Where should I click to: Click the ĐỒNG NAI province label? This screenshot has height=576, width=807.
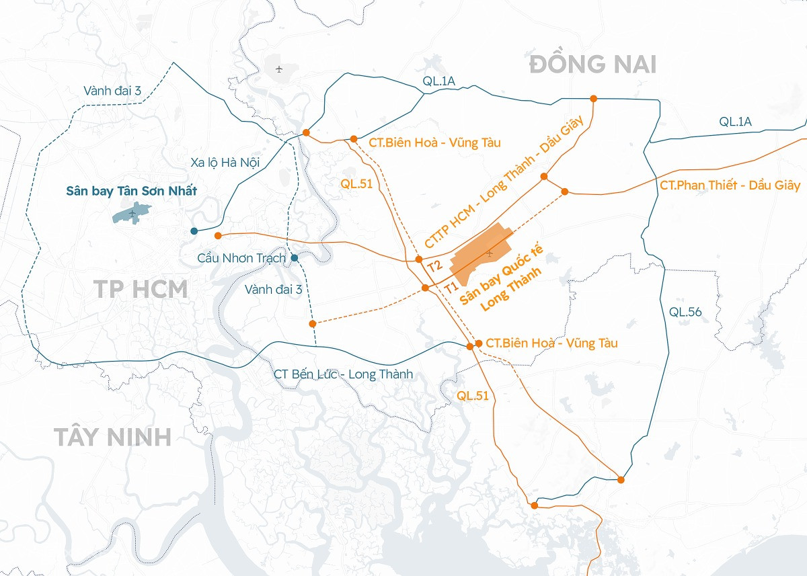(x=592, y=65)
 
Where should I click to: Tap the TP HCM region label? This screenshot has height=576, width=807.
(x=141, y=289)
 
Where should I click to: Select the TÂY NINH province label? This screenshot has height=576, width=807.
(x=113, y=437)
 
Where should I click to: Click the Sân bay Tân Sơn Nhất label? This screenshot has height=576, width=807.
(x=132, y=192)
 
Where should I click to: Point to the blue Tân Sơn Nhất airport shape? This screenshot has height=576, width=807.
(x=132, y=213)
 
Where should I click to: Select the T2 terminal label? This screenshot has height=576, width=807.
(x=434, y=267)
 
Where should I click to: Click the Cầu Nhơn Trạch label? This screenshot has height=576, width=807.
(x=241, y=258)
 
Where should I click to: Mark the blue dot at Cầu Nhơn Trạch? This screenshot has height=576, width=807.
(x=294, y=257)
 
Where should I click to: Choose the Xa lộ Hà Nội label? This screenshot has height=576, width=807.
(x=225, y=162)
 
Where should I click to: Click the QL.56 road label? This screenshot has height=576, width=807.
(x=685, y=312)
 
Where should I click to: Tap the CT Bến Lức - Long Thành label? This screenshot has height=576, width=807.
(x=343, y=374)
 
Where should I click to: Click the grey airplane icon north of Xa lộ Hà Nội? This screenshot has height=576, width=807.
(x=279, y=69)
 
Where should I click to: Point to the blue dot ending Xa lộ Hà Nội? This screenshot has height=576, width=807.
(x=194, y=231)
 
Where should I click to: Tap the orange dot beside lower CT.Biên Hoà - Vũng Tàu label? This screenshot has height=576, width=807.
(x=479, y=343)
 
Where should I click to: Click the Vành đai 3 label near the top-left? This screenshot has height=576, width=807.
(x=112, y=91)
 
